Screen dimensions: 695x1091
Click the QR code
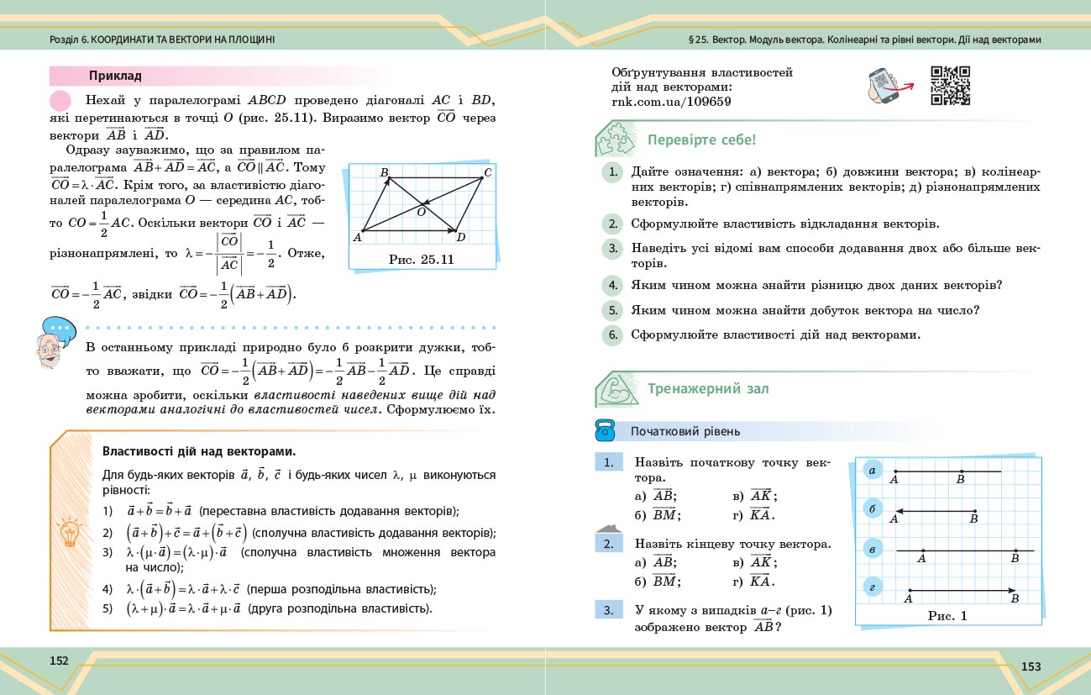(950, 85)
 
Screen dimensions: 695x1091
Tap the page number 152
(59, 661)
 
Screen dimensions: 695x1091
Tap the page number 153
(1031, 666)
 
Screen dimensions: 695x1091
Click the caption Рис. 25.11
(422, 259)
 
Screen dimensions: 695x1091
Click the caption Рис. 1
(947, 616)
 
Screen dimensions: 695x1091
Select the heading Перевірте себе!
(701, 140)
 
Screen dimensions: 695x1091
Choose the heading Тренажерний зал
(708, 389)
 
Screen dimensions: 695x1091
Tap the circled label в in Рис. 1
(873, 550)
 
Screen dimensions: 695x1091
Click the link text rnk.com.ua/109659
(672, 102)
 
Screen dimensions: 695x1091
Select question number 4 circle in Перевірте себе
(613, 285)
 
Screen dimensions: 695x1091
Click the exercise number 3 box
(608, 611)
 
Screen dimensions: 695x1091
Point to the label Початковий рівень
(685, 432)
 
